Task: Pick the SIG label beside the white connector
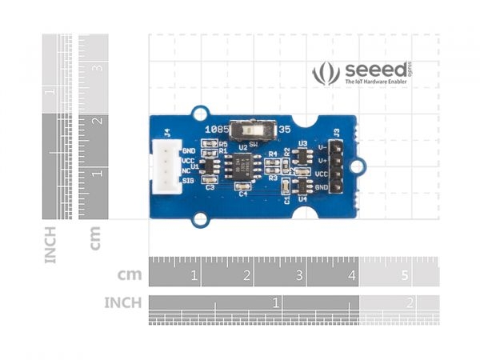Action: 189,182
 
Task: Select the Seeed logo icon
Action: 326,74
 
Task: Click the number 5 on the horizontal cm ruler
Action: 405,276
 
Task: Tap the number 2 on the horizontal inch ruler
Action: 410,302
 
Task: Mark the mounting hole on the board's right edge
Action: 359,167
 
